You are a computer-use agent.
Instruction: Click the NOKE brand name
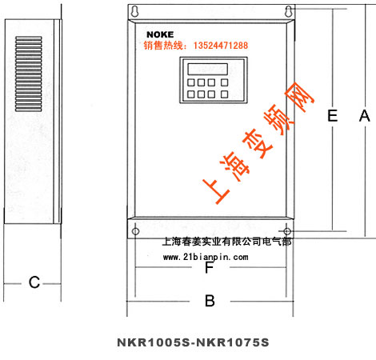pyautogui.click(x=160, y=34)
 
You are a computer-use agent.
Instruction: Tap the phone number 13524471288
pyautogui.click(x=221, y=46)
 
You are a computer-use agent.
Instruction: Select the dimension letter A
pyautogui.click(x=365, y=116)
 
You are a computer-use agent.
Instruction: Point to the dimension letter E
pyautogui.click(x=332, y=116)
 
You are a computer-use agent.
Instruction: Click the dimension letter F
pyautogui.click(x=210, y=267)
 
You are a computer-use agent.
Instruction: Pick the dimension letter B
pyautogui.click(x=210, y=301)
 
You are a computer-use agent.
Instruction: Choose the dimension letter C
pyautogui.click(x=34, y=282)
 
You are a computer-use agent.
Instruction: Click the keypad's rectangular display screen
pyautogui.click(x=208, y=69)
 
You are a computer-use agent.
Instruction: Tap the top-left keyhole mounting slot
pyautogui.click(x=135, y=11)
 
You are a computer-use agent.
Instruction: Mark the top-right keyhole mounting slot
pyautogui.click(x=288, y=11)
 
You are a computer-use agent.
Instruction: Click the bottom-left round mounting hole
pyautogui.click(x=135, y=231)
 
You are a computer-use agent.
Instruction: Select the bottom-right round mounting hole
pyautogui.click(x=287, y=231)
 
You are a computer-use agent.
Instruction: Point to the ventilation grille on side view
pyautogui.click(x=29, y=74)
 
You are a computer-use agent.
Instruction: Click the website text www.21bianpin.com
pyautogui.click(x=206, y=257)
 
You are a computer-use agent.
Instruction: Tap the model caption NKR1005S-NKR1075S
pyautogui.click(x=193, y=342)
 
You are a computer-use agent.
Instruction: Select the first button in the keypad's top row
pyautogui.click(x=190, y=82)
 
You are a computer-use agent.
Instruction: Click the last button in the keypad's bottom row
pyautogui.click(x=225, y=94)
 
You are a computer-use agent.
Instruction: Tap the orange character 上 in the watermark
pyautogui.click(x=216, y=191)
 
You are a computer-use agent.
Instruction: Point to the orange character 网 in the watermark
pyautogui.click(x=299, y=97)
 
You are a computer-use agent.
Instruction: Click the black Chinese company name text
pyautogui.click(x=226, y=242)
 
